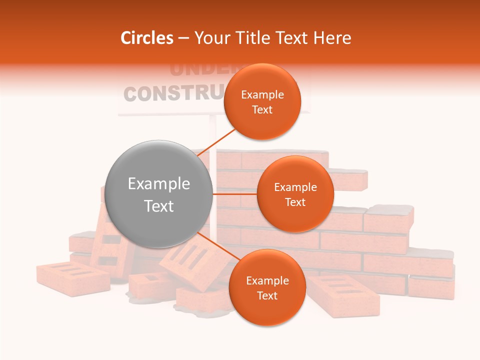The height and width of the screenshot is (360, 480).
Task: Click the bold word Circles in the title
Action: [147, 38]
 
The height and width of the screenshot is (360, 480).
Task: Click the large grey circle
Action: [159, 194]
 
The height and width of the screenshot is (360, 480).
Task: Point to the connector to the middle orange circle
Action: [235, 194]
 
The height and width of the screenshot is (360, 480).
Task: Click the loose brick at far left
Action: [73, 277]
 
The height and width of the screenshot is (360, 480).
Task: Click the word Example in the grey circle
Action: [159, 184]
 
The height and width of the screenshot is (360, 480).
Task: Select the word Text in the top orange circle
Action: [262, 110]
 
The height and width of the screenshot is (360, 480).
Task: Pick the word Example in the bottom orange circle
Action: [267, 281]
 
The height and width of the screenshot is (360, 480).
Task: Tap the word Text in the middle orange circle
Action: [295, 202]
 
